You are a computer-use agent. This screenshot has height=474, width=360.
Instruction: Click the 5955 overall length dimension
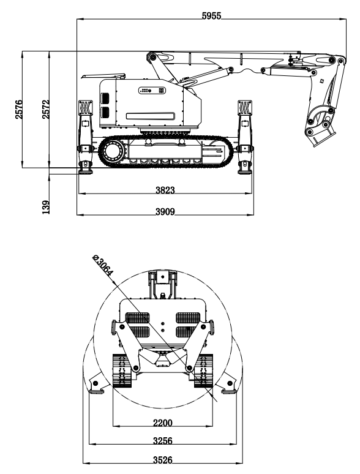click(212, 16)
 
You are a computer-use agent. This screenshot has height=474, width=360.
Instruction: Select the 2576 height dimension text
click(19, 109)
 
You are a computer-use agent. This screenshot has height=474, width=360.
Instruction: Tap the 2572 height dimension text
click(46, 109)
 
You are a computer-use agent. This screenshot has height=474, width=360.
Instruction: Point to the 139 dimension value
click(46, 207)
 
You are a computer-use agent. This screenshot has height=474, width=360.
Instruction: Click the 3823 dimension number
click(165, 190)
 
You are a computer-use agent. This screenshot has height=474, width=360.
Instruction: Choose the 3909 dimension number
click(165, 212)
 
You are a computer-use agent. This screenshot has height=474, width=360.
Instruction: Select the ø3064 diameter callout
click(103, 266)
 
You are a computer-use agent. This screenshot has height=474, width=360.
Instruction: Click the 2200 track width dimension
click(163, 423)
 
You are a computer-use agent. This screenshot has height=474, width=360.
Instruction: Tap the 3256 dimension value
click(163, 441)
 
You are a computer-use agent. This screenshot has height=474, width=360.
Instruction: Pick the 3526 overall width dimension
click(163, 460)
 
